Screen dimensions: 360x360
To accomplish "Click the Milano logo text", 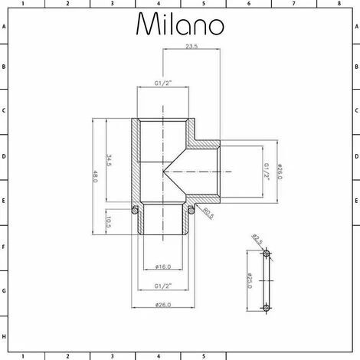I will click(x=180, y=25).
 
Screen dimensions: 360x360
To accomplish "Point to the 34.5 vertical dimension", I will click(x=110, y=160).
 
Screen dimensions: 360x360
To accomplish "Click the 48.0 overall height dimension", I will click(x=96, y=176).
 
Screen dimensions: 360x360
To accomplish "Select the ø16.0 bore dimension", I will click(x=162, y=266).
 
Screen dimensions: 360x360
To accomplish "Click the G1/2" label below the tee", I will click(x=162, y=286).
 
